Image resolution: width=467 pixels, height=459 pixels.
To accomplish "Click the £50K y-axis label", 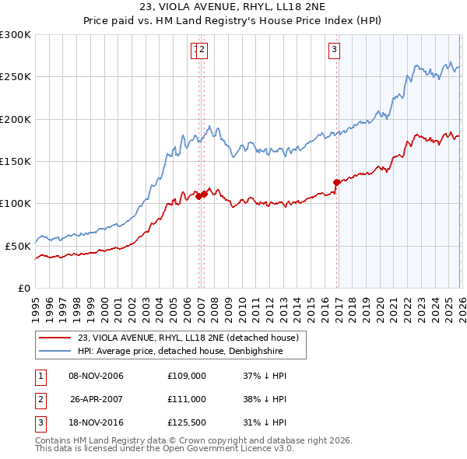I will [x=18, y=246].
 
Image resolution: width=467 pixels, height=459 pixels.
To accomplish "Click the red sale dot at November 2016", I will [x=336, y=182].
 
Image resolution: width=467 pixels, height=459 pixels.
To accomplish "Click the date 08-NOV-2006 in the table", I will [x=96, y=376].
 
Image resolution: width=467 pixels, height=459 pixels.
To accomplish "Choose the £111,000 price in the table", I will [x=186, y=398].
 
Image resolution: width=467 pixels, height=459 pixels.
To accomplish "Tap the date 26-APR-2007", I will [x=96, y=398].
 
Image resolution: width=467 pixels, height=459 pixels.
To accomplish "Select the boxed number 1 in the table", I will [x=39, y=376].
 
